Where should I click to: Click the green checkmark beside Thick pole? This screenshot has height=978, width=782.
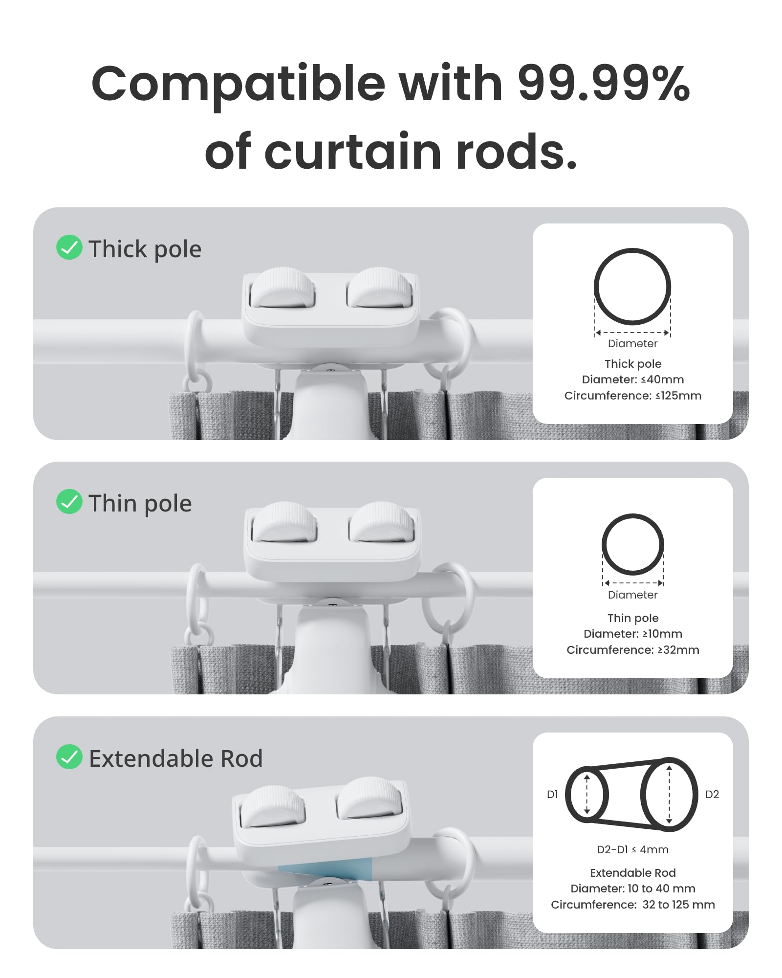tap(69, 247)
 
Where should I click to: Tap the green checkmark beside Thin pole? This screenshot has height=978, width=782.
tap(69, 502)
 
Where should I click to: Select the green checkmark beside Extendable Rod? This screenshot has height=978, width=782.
tap(69, 757)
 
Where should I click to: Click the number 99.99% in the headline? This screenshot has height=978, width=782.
tap(603, 84)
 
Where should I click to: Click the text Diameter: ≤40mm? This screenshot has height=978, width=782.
tap(632, 379)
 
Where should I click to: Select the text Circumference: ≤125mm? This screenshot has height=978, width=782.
tap(632, 396)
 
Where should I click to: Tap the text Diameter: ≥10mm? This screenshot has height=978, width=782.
tap(632, 634)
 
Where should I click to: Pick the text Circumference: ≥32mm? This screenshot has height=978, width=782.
tap(632, 650)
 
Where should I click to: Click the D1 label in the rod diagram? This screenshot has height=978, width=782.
tap(552, 795)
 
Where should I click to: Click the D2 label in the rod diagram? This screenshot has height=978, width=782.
tap(712, 795)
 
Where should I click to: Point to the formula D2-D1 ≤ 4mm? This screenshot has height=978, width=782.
tap(632, 850)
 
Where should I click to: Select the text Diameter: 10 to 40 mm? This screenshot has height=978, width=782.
tap(632, 889)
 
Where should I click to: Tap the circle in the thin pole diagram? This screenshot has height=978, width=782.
tap(632, 515)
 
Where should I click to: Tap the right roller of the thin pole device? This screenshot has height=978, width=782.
tap(382, 522)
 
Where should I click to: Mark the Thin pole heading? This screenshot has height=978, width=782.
tap(140, 503)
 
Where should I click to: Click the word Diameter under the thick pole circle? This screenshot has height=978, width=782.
tap(632, 344)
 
